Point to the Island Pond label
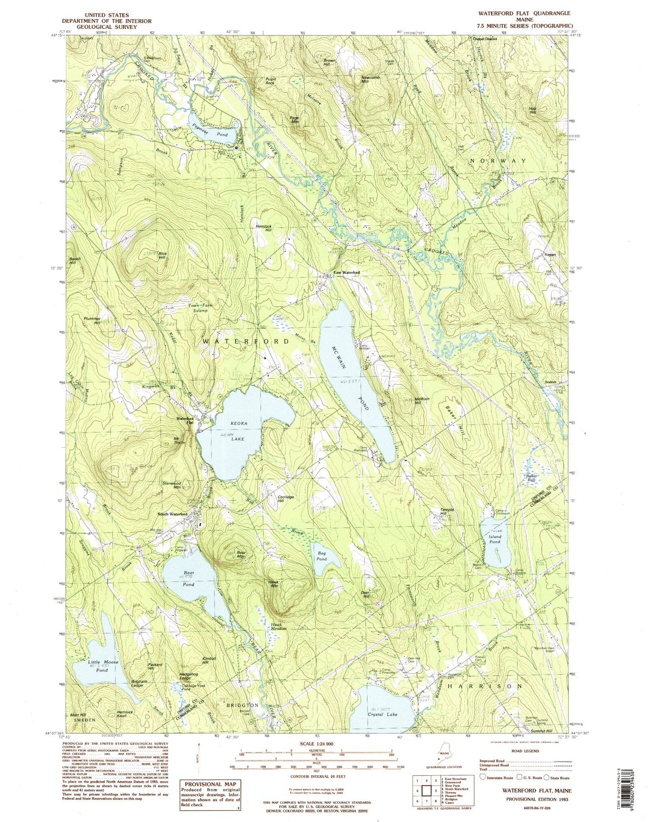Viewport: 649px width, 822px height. pyautogui.click(x=495, y=539)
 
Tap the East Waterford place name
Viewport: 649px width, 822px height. pyautogui.click(x=347, y=273)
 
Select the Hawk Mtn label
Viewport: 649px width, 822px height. pyautogui.click(x=273, y=584)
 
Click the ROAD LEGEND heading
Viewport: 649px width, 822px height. pyautogui.click(x=525, y=751)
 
